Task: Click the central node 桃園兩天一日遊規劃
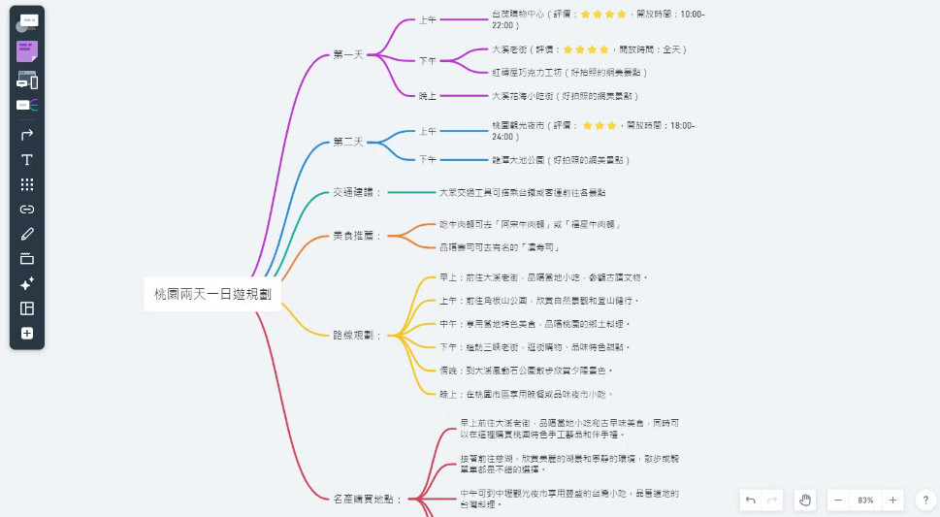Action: click(x=212, y=293)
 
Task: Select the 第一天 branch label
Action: click(x=347, y=54)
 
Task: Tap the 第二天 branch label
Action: click(x=347, y=142)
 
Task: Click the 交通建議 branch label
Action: click(x=357, y=192)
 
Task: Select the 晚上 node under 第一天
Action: click(x=428, y=96)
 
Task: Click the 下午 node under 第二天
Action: click(x=428, y=159)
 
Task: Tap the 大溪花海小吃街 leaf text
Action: click(x=565, y=96)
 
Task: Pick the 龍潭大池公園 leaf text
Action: click(x=561, y=159)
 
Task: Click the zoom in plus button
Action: click(x=892, y=501)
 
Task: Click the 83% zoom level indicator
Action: click(x=865, y=501)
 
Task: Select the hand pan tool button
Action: click(x=804, y=501)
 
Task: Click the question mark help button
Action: click(x=925, y=501)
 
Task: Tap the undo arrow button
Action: click(x=750, y=501)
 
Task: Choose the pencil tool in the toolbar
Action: click(x=27, y=234)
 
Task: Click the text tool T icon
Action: click(x=27, y=160)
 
